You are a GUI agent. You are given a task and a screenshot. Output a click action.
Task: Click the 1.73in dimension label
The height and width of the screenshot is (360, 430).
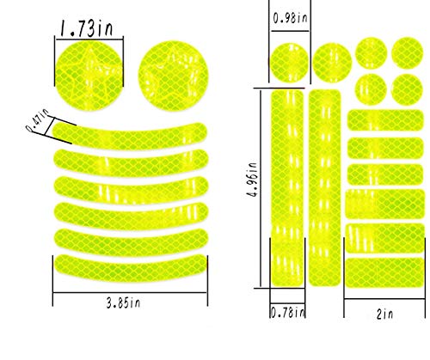click(87, 28)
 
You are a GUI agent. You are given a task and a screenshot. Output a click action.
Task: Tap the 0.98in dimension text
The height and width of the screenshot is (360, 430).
click(290, 18)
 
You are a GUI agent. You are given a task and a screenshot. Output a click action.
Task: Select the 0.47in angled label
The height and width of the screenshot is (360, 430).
click(38, 120)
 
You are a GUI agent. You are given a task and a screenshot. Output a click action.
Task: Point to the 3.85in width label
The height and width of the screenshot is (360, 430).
click(123, 303)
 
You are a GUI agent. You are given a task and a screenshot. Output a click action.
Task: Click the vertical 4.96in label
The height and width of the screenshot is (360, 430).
click(252, 180)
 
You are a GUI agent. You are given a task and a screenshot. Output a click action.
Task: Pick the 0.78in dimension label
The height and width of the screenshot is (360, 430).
click(287, 312)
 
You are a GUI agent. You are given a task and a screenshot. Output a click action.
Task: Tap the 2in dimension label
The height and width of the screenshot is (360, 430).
click(384, 314)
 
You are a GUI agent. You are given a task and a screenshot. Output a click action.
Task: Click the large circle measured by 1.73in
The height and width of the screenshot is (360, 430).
click(89, 76)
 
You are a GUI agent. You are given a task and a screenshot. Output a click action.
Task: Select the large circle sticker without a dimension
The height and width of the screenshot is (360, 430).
click(174, 76)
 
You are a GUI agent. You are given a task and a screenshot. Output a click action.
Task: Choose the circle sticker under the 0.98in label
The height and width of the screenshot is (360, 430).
click(289, 63)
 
